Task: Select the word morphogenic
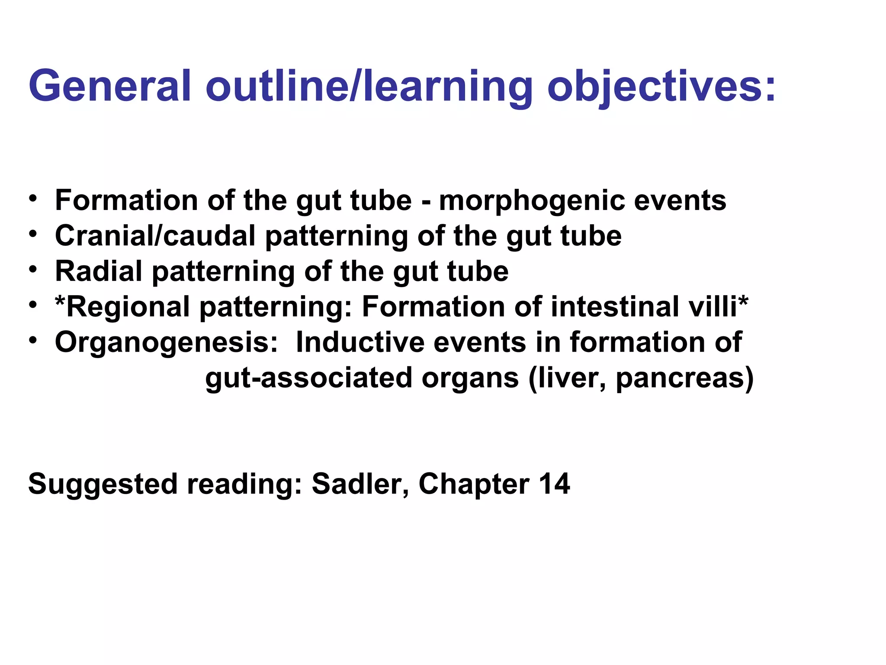[532, 202]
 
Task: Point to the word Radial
[98, 271]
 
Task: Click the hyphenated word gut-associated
[308, 378]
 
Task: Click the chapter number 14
[554, 484]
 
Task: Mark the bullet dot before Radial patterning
[33, 270]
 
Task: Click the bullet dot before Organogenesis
[33, 340]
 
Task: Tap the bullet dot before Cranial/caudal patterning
[33, 234]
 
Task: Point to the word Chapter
[474, 484]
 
